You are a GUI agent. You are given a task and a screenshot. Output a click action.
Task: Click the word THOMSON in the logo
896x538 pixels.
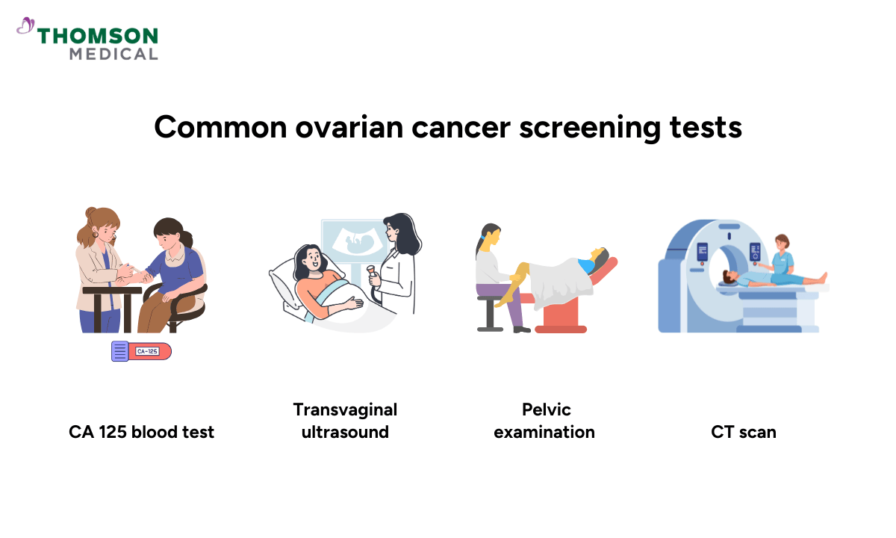coord(97,36)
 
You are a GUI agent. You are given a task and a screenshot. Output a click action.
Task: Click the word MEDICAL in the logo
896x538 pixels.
coord(113,54)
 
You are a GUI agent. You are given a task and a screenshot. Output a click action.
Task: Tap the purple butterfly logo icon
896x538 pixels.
coord(25,27)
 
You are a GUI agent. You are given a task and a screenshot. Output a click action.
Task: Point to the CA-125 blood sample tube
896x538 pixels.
coord(141,350)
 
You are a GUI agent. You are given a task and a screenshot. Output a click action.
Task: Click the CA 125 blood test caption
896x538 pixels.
coord(141,432)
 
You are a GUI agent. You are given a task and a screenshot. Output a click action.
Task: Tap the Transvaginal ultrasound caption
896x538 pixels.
coord(345,421)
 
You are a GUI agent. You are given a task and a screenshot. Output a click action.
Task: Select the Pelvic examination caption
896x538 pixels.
coord(544,421)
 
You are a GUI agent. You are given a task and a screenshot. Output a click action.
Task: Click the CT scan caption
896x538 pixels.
coord(743,432)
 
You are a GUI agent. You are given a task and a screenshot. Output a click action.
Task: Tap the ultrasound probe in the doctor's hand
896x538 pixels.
coord(370,274)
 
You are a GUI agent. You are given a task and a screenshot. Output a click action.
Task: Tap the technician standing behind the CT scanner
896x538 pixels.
coord(781,254)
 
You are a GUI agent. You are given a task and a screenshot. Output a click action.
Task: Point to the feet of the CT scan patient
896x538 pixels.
coord(821,278)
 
